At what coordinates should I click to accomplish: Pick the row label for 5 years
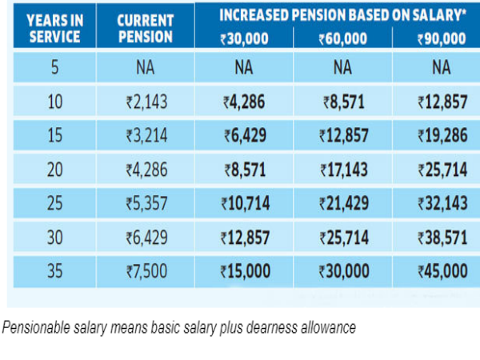[x=54, y=68]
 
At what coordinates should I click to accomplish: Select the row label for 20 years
[x=54, y=170]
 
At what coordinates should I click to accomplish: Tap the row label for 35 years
[x=54, y=271]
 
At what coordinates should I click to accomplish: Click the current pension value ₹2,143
[x=145, y=102]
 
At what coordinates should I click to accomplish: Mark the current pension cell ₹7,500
[x=145, y=271]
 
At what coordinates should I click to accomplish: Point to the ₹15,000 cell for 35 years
[x=246, y=271]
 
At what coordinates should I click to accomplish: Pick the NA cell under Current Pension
[x=145, y=68]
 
